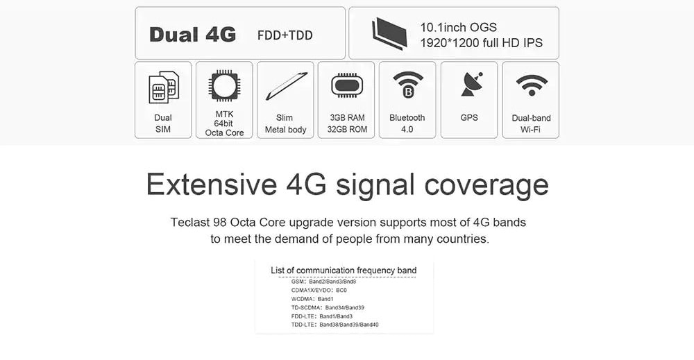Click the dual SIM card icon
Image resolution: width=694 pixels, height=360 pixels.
pyautogui.click(x=163, y=87)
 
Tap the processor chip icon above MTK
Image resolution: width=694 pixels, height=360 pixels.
pyautogui.click(x=224, y=86)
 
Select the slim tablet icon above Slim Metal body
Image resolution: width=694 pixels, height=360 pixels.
pyautogui.click(x=287, y=86)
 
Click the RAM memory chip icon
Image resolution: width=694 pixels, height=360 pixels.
pyautogui.click(x=347, y=85)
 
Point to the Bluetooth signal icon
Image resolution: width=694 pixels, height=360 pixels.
pyautogui.click(x=407, y=84)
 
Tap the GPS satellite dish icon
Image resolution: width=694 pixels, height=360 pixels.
pyautogui.click(x=471, y=85)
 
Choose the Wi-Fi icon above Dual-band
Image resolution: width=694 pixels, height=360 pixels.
pyautogui.click(x=532, y=85)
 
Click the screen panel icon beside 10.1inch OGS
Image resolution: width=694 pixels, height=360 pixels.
pyautogui.click(x=389, y=33)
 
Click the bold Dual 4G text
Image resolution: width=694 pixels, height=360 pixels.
pyautogui.click(x=192, y=35)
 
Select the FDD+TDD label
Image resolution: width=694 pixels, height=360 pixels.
pyautogui.click(x=285, y=35)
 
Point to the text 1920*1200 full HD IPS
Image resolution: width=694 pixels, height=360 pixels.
pyautogui.click(x=481, y=43)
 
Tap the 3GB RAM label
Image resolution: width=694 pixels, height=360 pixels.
pyautogui.click(x=347, y=118)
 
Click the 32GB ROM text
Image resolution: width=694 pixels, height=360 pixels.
pyautogui.click(x=347, y=129)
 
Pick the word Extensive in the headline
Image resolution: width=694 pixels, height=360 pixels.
pyautogui.click(x=212, y=185)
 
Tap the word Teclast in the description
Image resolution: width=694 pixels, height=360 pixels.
pyautogui.click(x=189, y=222)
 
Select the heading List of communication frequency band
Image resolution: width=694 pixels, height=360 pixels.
pyautogui.click(x=344, y=271)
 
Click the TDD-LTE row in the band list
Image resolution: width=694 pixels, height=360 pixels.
pyautogui.click(x=335, y=325)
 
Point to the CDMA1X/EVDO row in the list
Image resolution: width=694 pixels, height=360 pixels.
pyautogui.click(x=319, y=290)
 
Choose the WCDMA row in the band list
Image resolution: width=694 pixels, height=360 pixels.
pyautogui.click(x=312, y=299)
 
